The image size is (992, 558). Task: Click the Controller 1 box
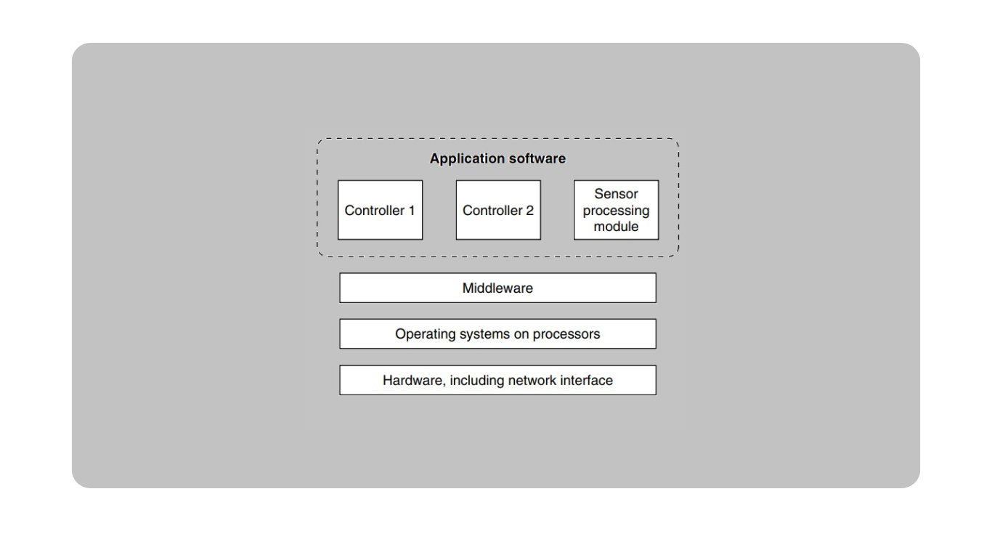point(380,210)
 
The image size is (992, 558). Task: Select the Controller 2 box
point(498,210)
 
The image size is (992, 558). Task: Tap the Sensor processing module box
point(616,210)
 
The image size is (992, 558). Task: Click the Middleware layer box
point(497,288)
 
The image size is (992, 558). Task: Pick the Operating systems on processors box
point(497,333)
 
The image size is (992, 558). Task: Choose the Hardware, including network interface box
point(497,380)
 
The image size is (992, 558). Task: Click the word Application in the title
point(468,158)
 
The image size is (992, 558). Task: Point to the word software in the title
point(537,158)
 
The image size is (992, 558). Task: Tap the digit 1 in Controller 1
point(412,211)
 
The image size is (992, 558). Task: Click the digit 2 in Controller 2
point(529,211)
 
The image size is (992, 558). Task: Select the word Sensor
point(616,194)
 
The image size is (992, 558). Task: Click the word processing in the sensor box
point(616,211)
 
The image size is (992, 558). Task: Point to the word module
point(616,227)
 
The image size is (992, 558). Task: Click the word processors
point(566,335)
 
